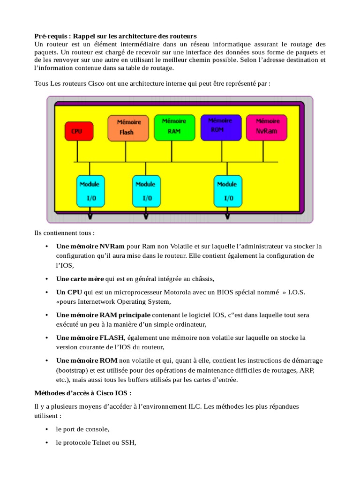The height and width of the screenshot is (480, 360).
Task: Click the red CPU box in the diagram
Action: pos(76,131)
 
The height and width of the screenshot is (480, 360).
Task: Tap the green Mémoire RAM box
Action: pos(173,127)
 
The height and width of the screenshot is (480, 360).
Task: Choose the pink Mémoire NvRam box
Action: pos(267,127)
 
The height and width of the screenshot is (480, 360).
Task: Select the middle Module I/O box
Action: pos(145,191)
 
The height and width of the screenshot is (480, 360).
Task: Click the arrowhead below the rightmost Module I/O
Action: pos(227,217)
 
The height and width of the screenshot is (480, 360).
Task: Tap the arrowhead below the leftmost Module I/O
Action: pos(90,217)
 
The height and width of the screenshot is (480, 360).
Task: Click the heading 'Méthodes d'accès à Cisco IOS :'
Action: pos(82,392)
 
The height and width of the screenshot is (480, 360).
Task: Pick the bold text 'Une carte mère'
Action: pos(80,279)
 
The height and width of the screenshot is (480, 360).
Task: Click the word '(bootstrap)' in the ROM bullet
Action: pos(72,370)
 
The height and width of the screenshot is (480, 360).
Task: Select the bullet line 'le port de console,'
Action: pos(82,429)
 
